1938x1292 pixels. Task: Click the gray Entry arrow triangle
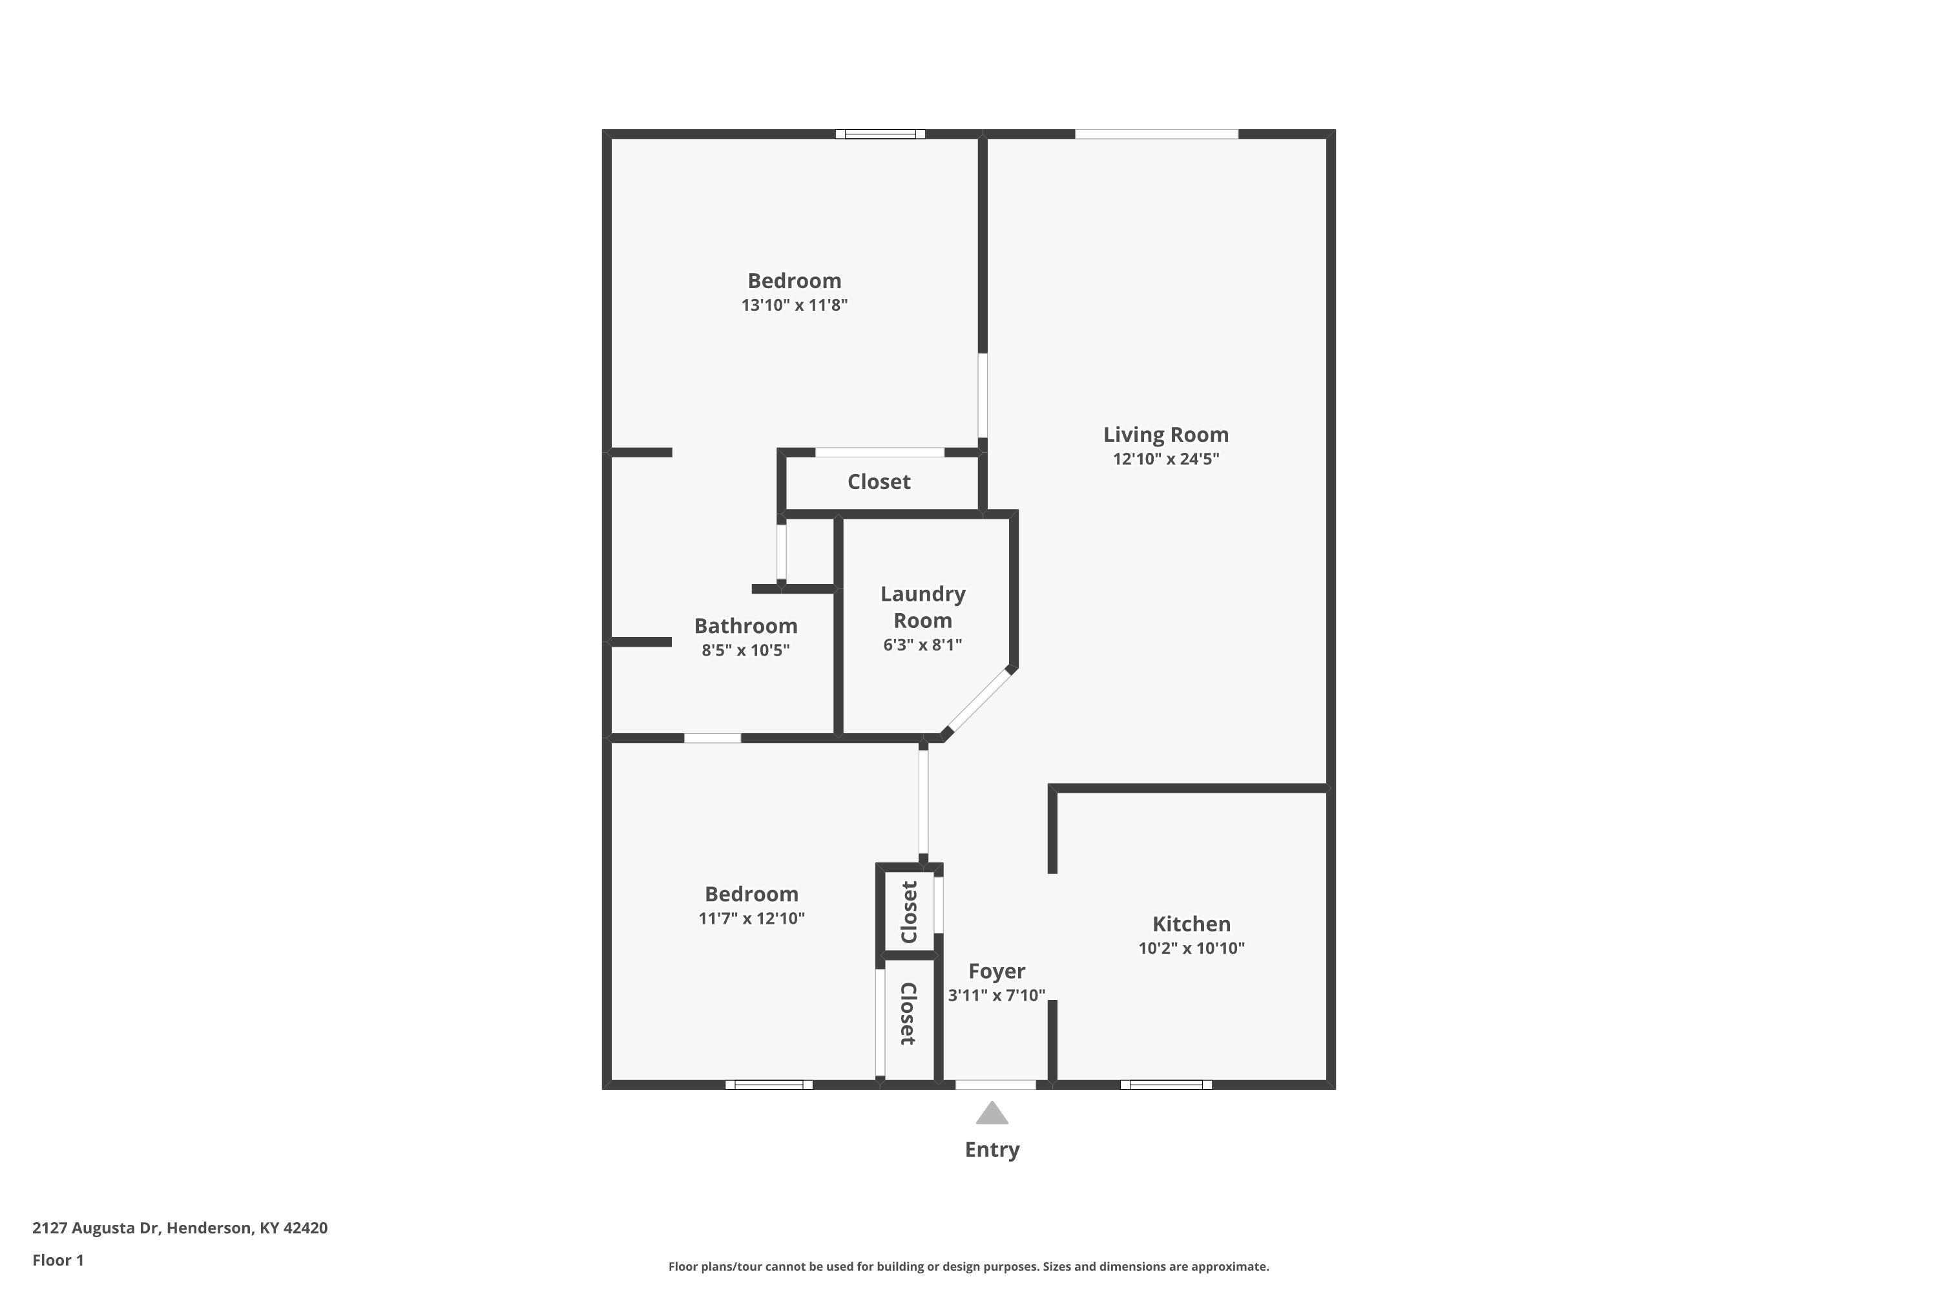click(x=992, y=1113)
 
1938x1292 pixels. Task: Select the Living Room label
click(x=1166, y=434)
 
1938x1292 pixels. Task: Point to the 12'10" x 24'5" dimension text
click(x=1166, y=459)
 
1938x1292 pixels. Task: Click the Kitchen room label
click(x=1191, y=924)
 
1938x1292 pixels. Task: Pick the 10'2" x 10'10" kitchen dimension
click(x=1191, y=948)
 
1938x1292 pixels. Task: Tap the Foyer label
click(x=997, y=972)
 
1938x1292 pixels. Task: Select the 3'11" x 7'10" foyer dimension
click(x=997, y=995)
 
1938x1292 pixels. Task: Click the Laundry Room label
click(x=923, y=607)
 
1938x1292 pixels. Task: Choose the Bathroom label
click(x=745, y=625)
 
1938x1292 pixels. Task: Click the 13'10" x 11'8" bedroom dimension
click(x=795, y=305)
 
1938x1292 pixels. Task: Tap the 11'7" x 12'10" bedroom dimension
click(x=751, y=918)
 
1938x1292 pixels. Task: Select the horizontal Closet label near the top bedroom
click(x=879, y=481)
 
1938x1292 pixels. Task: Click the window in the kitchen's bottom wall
click(x=1166, y=1085)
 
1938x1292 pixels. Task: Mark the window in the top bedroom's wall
click(x=880, y=134)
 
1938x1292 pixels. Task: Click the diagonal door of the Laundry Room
click(x=978, y=701)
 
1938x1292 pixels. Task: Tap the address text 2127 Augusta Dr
click(x=96, y=1228)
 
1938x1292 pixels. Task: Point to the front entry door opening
click(x=995, y=1085)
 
